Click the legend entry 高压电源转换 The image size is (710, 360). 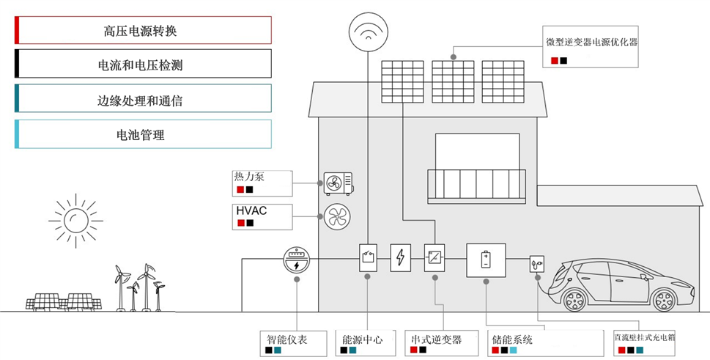[143, 30]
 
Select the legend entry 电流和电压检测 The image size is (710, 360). [143, 64]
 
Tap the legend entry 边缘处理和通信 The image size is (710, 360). [143, 99]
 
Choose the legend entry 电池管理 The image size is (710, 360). [143, 134]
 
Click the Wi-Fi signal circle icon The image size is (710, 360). [368, 32]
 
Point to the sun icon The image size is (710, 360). [75, 221]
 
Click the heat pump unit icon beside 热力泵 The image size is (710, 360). [339, 183]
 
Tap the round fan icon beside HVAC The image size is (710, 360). [337, 216]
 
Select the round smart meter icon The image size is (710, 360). [297, 260]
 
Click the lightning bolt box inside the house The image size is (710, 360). [401, 257]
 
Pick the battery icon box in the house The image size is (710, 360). [486, 260]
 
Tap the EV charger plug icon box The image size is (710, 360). [536, 263]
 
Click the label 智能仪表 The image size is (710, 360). [286, 339]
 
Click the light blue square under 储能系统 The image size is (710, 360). [513, 350]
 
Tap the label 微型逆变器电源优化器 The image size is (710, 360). [592, 42]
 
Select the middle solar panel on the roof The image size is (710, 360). [453, 81]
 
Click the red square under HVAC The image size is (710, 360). [241, 223]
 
